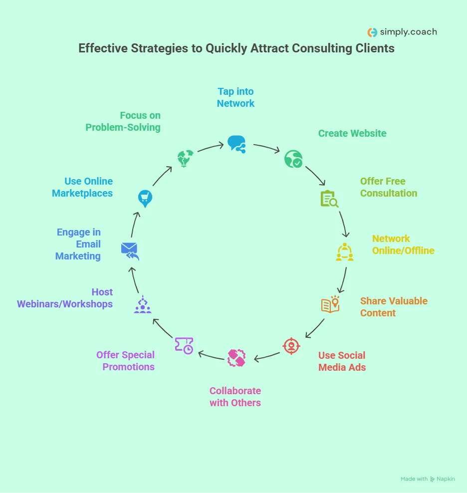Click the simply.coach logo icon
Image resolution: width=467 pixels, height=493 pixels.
372,32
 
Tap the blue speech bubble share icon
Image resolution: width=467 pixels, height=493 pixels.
236,144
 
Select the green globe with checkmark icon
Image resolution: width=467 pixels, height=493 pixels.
293,159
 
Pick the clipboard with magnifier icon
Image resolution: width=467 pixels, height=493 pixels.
329,199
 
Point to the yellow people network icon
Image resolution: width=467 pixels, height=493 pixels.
344,252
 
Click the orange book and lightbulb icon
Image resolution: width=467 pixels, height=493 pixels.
330,304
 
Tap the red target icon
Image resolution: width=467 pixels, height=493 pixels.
291,346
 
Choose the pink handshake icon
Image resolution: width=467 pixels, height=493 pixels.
236,358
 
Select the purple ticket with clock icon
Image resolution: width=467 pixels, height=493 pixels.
184,345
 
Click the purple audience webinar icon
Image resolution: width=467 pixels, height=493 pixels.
143,304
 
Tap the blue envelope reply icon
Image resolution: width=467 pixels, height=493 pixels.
130,250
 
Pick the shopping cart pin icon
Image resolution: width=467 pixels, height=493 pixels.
145,199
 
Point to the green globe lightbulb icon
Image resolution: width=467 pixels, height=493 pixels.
185,159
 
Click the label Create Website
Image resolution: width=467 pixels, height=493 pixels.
352,133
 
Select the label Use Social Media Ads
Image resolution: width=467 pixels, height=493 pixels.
342,361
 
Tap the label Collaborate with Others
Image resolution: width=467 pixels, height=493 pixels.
235,397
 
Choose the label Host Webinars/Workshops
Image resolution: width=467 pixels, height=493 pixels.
65,298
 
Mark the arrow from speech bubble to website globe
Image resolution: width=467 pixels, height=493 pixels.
267,148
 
